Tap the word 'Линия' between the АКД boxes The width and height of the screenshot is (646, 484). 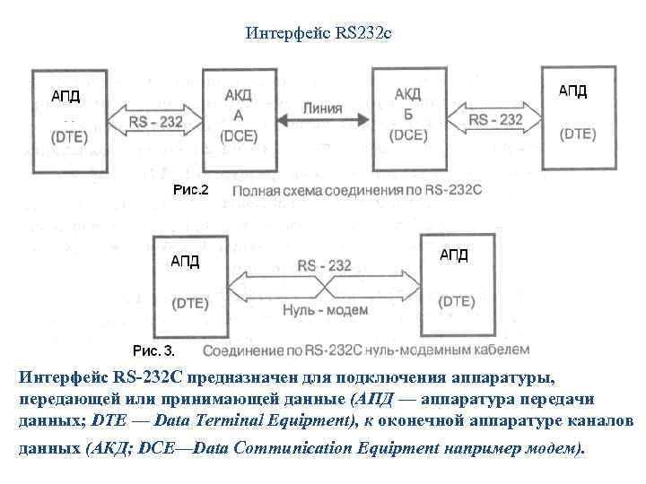(323, 108)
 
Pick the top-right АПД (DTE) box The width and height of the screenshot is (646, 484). (578, 111)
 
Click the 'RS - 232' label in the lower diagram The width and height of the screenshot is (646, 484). (324, 264)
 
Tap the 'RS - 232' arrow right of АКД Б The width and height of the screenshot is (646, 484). (495, 118)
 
